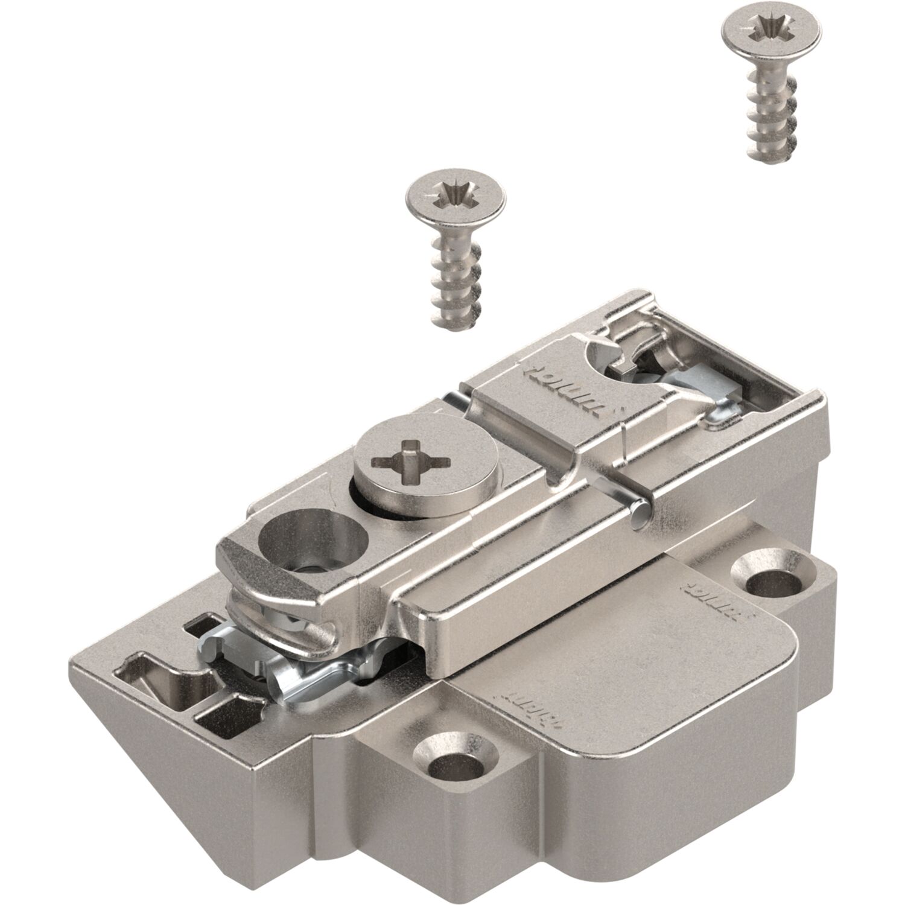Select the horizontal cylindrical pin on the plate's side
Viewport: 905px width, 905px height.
(x=640, y=507)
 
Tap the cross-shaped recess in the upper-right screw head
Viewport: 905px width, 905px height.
(x=772, y=28)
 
